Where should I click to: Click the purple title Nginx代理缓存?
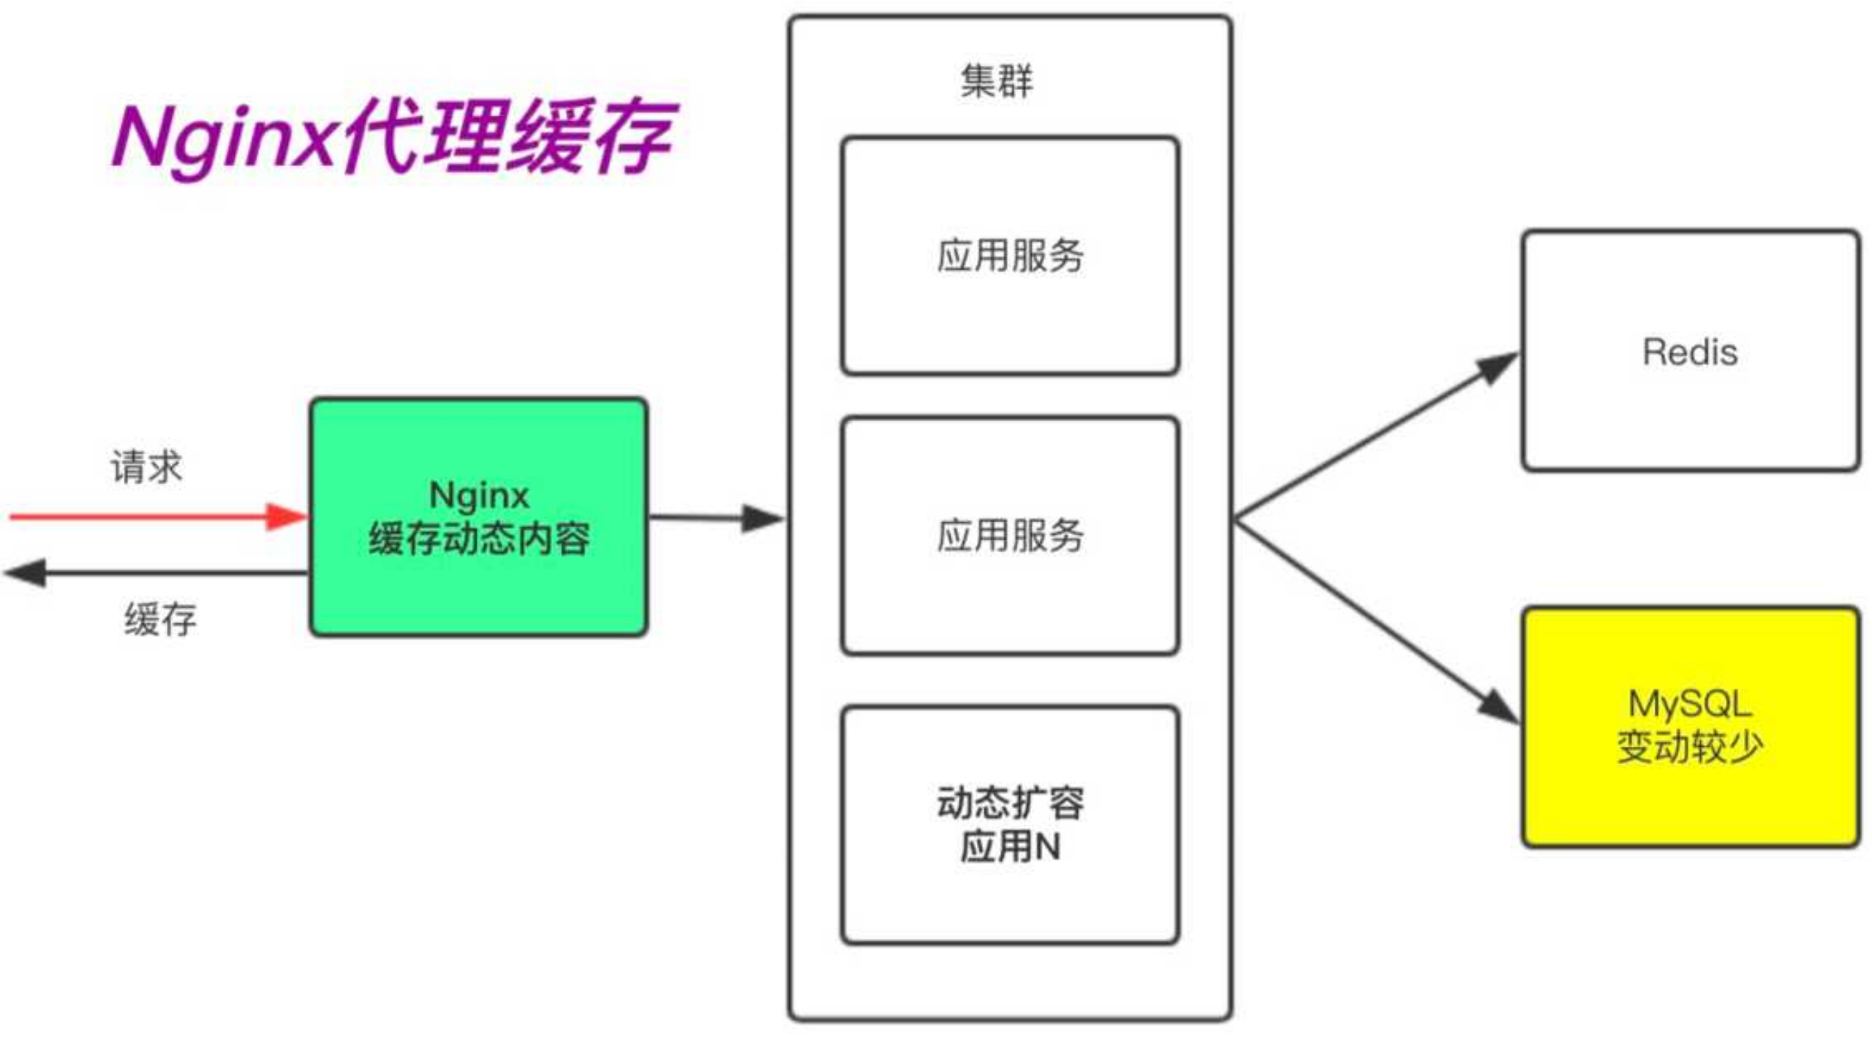tap(395, 137)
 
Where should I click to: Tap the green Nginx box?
tap(479, 517)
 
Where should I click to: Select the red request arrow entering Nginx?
tap(158, 516)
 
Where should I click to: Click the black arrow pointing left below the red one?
tap(156, 573)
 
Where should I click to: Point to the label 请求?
tap(146, 467)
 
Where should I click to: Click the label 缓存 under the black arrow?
tap(160, 619)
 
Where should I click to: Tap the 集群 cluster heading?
tap(997, 80)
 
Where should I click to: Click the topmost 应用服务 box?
tap(1011, 255)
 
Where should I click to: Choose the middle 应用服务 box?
tap(1011, 535)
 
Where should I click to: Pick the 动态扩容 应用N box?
tap(1011, 825)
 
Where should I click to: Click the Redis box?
tap(1691, 351)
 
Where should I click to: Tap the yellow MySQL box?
tap(1691, 727)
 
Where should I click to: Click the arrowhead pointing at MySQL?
tap(1499, 706)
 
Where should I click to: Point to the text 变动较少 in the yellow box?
tap(1690, 747)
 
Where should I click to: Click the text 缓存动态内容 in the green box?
tap(479, 539)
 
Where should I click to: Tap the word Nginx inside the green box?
tap(479, 495)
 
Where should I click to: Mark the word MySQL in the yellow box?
tap(1690, 704)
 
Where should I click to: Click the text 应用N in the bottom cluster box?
tap(1011, 846)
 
